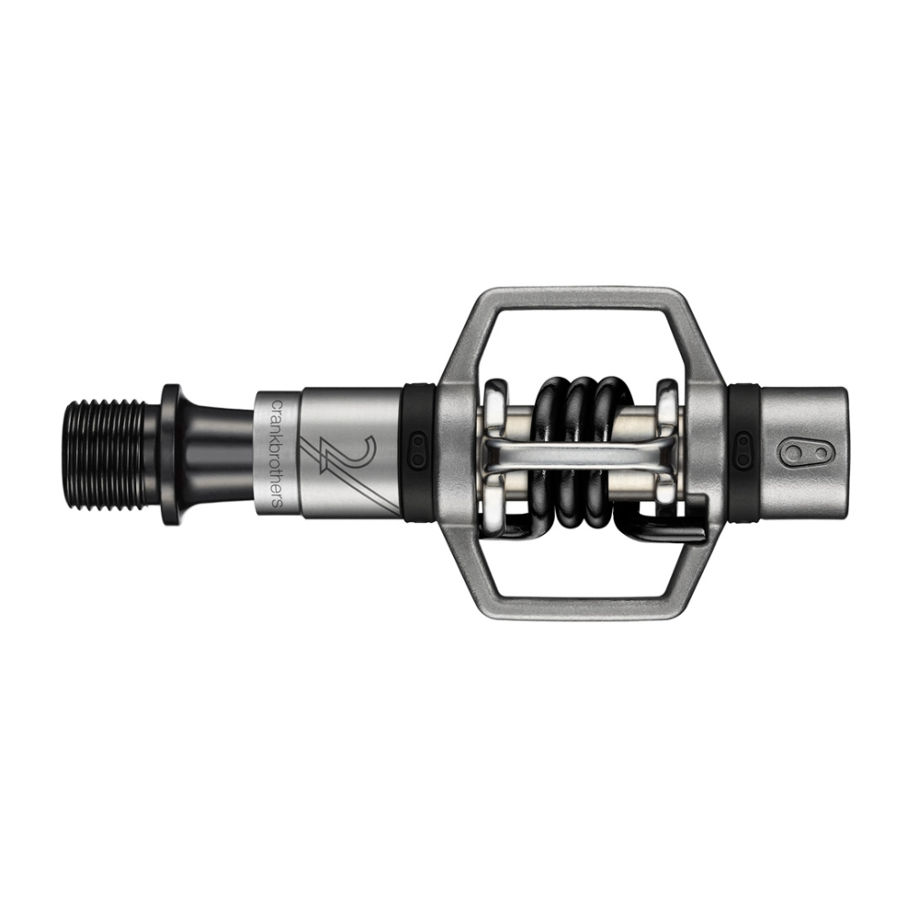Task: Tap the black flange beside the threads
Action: click(x=171, y=454)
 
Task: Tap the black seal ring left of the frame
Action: click(x=419, y=451)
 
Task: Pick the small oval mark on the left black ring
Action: click(x=419, y=451)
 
